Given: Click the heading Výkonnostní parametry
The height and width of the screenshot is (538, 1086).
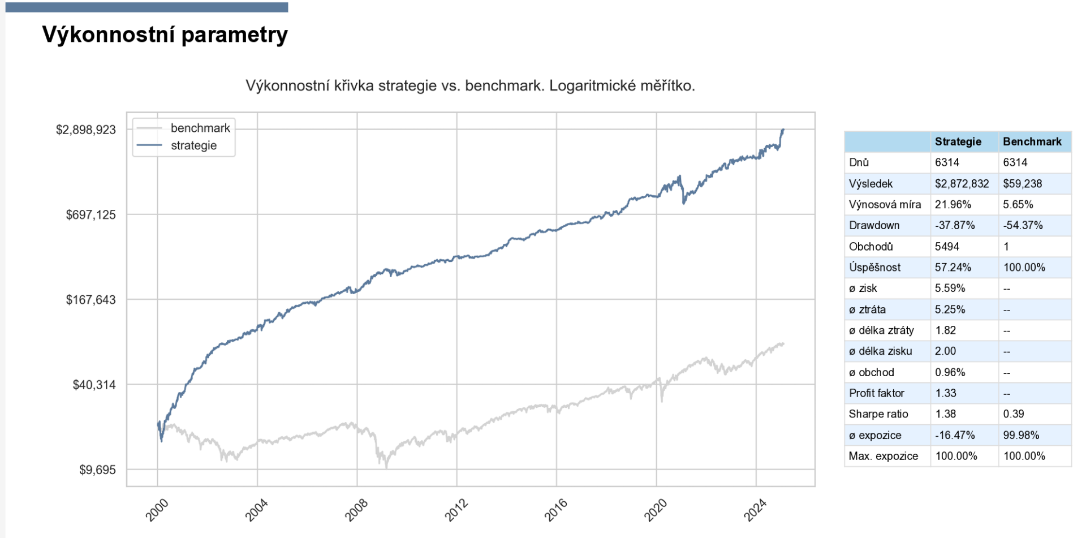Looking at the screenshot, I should click(165, 35).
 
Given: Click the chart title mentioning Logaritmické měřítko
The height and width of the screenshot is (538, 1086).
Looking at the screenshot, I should click(470, 86).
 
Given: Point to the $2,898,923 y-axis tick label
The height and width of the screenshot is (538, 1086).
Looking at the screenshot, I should click(86, 130).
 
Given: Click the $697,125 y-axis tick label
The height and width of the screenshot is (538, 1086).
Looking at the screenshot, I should click(90, 215).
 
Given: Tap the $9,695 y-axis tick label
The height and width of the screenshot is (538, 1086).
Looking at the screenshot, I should click(97, 470).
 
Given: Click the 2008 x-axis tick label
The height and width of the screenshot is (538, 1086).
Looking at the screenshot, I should click(357, 510).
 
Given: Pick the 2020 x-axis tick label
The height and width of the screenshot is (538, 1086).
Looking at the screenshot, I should click(656, 510).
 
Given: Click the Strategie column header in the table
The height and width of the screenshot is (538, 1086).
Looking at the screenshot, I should click(958, 141).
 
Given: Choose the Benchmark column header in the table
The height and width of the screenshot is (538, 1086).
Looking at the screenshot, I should click(1032, 141).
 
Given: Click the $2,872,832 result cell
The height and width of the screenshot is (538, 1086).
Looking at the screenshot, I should click(962, 184).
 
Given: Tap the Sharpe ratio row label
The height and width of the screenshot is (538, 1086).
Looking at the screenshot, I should click(878, 414).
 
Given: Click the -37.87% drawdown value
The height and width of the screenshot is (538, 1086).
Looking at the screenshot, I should click(955, 225).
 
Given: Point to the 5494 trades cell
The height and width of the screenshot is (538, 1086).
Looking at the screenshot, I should click(947, 247).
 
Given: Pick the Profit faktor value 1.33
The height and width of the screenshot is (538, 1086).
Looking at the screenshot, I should click(946, 393).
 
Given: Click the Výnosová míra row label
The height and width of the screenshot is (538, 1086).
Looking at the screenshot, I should click(885, 205).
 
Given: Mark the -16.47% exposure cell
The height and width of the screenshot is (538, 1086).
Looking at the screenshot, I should click(955, 436).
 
